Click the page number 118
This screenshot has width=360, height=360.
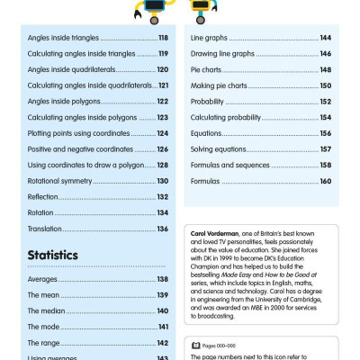coord(163,38)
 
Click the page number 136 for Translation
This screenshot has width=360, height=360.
coord(163,229)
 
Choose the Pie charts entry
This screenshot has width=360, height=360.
coord(208,69)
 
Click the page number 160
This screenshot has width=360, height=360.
coord(325,181)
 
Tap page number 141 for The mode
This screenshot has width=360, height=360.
coord(164,326)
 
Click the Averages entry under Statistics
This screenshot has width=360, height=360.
coord(42,279)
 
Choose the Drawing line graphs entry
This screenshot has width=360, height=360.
coord(222,53)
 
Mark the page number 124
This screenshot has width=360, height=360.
coord(163,133)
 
